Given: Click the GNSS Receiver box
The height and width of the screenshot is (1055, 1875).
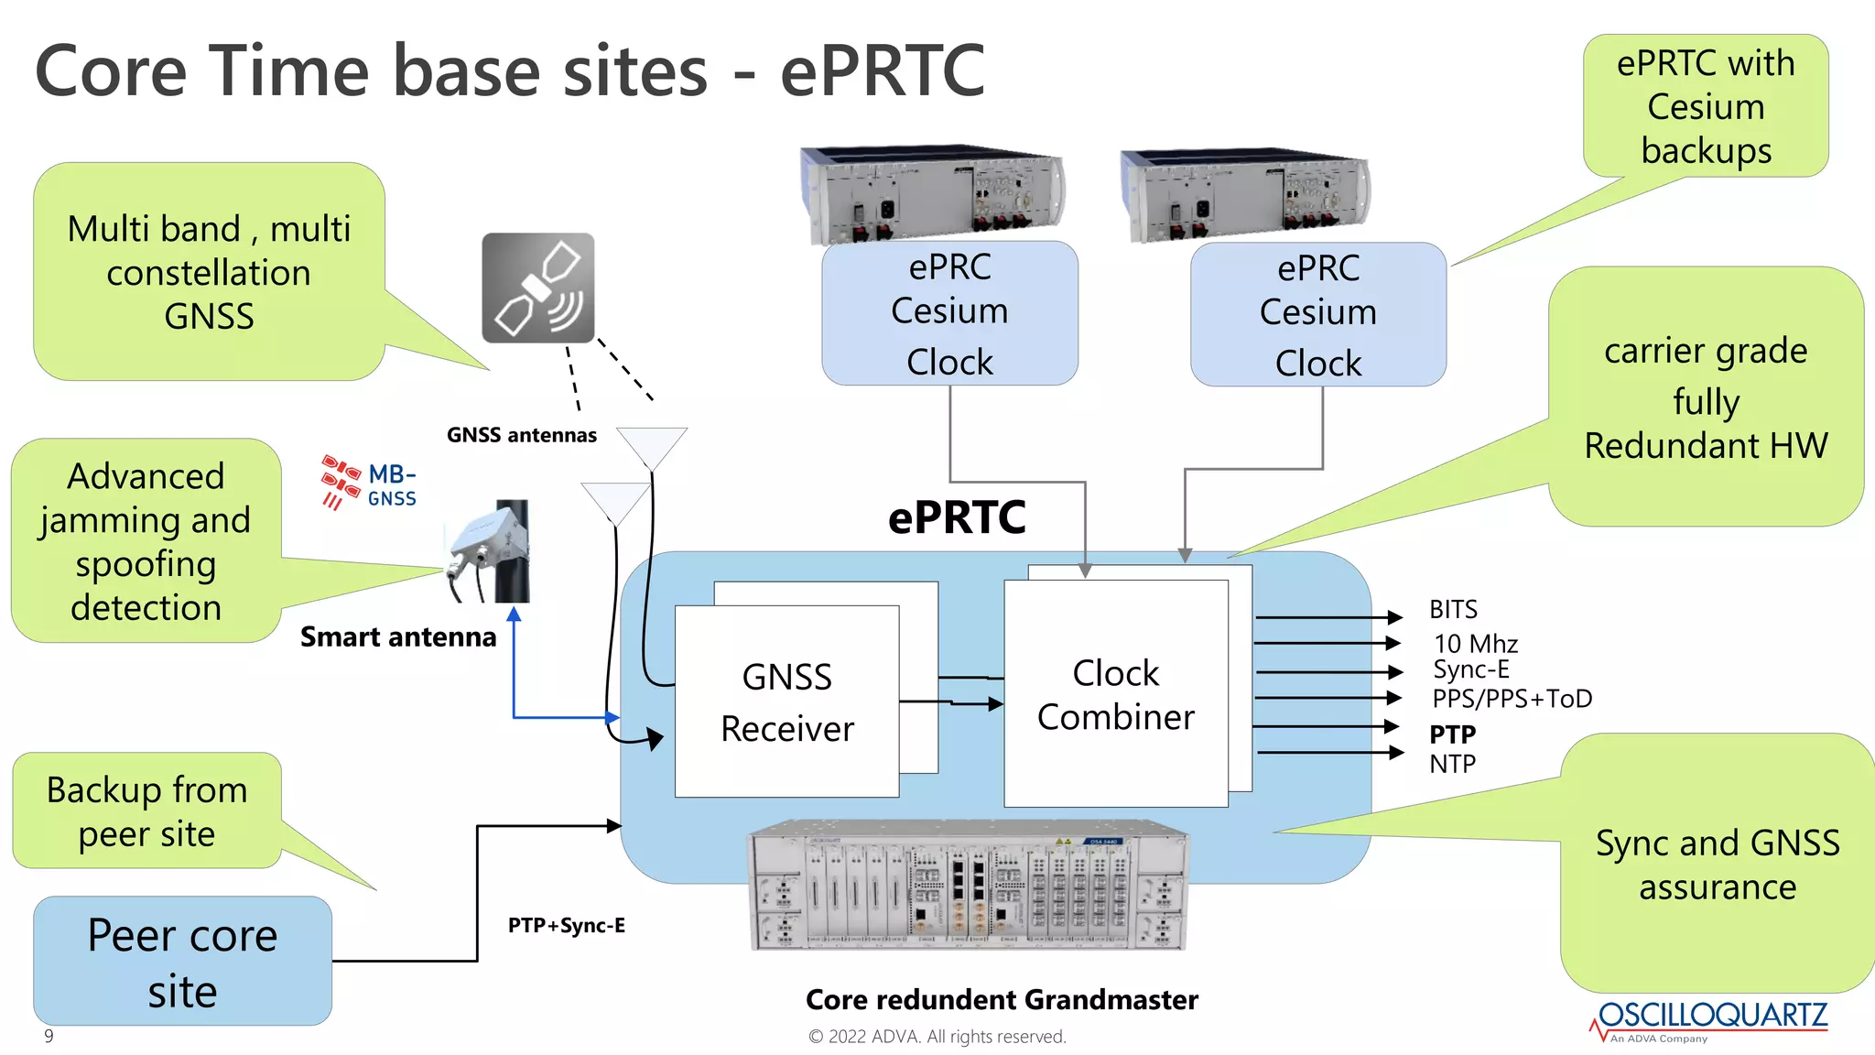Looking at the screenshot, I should (x=786, y=702).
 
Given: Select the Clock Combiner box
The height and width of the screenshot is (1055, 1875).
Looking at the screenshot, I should (x=1115, y=694).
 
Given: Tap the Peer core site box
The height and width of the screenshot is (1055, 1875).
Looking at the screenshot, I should (x=182, y=962).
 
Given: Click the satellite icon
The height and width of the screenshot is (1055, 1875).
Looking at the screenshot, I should (x=538, y=288).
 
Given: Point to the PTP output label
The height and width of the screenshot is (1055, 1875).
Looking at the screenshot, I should (x=1452, y=734).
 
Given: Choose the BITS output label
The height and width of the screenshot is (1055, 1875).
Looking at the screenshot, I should (x=1453, y=609).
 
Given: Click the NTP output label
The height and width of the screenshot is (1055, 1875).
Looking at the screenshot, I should (x=1452, y=764).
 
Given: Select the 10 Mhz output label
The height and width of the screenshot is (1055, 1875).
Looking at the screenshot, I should (x=1475, y=644).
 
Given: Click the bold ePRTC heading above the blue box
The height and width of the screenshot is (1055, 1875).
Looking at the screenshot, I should (x=957, y=517).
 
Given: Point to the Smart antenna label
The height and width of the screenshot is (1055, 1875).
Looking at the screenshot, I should (x=398, y=636).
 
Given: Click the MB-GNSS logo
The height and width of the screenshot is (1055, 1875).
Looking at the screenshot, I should (x=369, y=483).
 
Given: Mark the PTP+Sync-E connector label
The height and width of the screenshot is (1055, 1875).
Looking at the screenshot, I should (x=566, y=925).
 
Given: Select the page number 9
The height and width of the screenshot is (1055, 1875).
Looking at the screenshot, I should (x=49, y=1036).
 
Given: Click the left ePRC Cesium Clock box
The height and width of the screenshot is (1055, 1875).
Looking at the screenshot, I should (x=949, y=313).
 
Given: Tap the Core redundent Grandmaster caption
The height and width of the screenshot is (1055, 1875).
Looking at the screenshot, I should (x=1002, y=999).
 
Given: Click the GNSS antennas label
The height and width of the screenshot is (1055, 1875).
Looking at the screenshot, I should (x=521, y=435).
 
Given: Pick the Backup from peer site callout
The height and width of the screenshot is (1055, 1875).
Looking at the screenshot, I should (x=146, y=811).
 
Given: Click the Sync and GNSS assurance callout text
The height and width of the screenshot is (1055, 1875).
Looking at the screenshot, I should (x=1717, y=864).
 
